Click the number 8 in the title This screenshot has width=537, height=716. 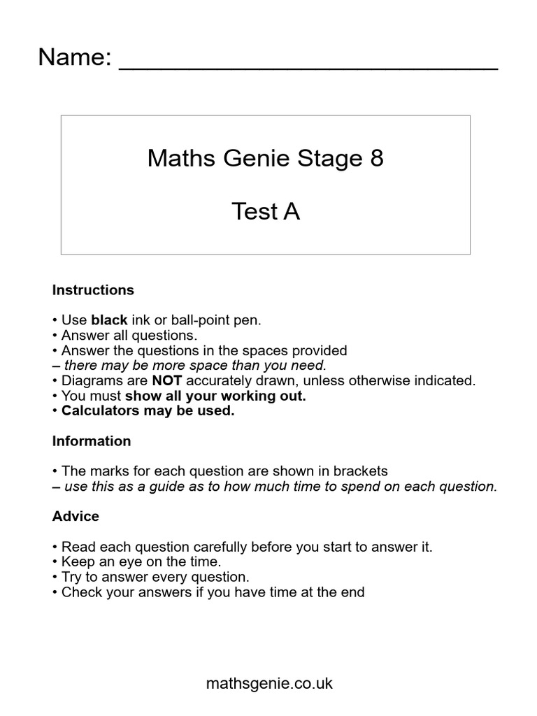(x=376, y=159)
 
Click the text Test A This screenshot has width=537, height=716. (x=266, y=211)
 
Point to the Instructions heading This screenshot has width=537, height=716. (x=93, y=289)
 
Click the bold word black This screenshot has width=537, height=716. (x=109, y=320)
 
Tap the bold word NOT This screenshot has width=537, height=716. (x=166, y=380)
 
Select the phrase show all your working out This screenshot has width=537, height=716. (x=215, y=396)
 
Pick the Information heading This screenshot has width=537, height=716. (x=92, y=441)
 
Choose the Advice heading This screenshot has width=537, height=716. (x=76, y=516)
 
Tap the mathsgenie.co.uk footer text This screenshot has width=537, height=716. (x=269, y=683)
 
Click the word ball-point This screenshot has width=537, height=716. (x=194, y=320)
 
